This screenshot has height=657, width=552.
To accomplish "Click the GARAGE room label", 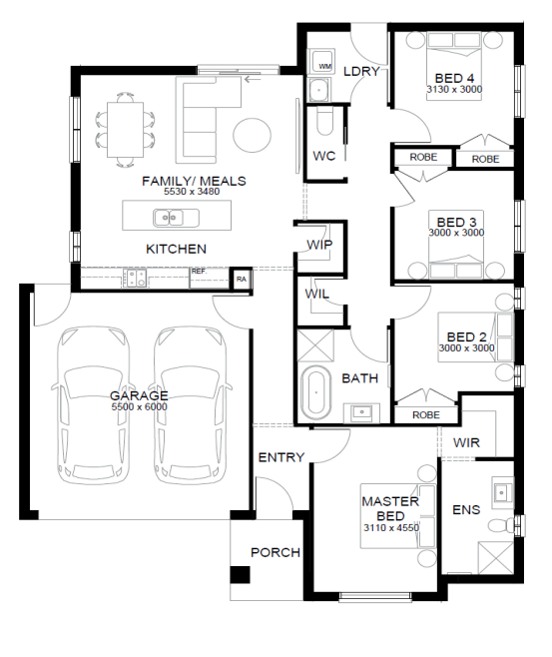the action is coord(139,395).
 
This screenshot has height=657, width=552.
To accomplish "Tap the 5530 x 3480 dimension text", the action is coord(192,192).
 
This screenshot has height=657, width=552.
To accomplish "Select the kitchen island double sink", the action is coord(176,218).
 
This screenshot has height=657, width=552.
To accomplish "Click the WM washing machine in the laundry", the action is coord(321,61).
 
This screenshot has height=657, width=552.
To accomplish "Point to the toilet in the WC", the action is coord(325,120).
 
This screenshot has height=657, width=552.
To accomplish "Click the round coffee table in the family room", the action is coord(253,135).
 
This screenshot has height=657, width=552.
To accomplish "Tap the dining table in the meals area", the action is coord(125,130).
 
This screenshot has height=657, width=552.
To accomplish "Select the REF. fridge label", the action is coord(199,272).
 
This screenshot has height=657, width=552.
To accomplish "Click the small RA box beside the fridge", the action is coord(242,279).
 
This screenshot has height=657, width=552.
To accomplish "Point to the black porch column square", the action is coord(240,575).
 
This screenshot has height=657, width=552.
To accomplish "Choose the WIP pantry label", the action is coord(319,245).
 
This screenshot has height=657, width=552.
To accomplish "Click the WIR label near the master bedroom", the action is coord(466,443).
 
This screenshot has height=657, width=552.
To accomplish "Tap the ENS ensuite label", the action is coord(466,510).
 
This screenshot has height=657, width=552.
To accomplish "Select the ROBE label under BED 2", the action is coord(426,414).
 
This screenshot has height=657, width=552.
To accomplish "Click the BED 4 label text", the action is coord(454,78).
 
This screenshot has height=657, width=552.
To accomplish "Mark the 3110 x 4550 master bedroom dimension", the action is coord(391,527).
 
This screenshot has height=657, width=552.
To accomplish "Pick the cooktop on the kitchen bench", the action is coord(135,278).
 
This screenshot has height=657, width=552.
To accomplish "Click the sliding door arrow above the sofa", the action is coord(253,79).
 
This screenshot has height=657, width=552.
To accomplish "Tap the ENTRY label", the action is coord(281,457).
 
